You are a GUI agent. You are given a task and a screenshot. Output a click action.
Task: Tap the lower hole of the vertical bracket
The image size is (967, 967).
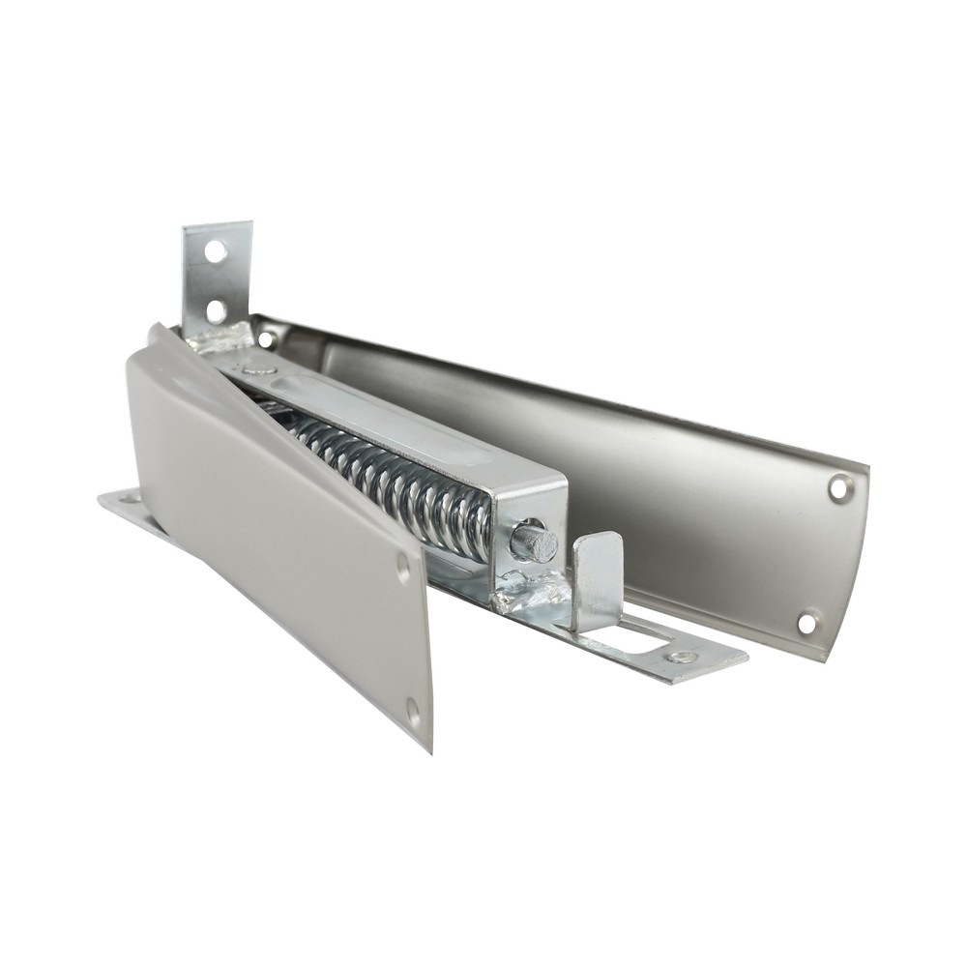coord(215,310)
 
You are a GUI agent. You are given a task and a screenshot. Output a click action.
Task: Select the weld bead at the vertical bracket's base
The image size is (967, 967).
coord(224,337)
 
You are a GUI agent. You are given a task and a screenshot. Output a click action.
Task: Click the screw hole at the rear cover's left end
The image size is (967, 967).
coord(265,339)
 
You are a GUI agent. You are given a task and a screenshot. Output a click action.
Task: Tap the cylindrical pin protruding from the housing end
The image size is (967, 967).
coord(535,542)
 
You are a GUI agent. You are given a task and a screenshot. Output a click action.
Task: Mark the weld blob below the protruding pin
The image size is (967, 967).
coord(527,594)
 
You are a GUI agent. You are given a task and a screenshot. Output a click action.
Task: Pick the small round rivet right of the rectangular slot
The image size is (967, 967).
coord(683,657)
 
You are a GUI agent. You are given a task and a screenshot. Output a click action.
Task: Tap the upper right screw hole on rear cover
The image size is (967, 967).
coord(839,487)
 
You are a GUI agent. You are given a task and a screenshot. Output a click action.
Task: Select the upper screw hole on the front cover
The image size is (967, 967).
coord(403,568)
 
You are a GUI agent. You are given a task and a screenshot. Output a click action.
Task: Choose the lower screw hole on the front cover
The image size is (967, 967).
coord(414,714)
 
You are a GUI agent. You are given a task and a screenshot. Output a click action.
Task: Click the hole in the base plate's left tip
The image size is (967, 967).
coord(126,500)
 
